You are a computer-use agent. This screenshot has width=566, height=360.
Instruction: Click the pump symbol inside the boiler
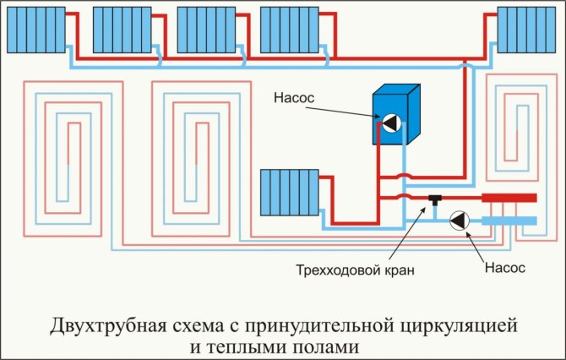[x=390, y=123]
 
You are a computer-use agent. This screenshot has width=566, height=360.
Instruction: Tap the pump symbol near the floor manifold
[x=459, y=221]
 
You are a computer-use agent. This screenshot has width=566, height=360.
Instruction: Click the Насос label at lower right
[x=504, y=268]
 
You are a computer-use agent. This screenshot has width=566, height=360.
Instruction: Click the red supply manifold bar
[x=508, y=199]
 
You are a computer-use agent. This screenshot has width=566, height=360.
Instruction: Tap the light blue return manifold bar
[x=508, y=221]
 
